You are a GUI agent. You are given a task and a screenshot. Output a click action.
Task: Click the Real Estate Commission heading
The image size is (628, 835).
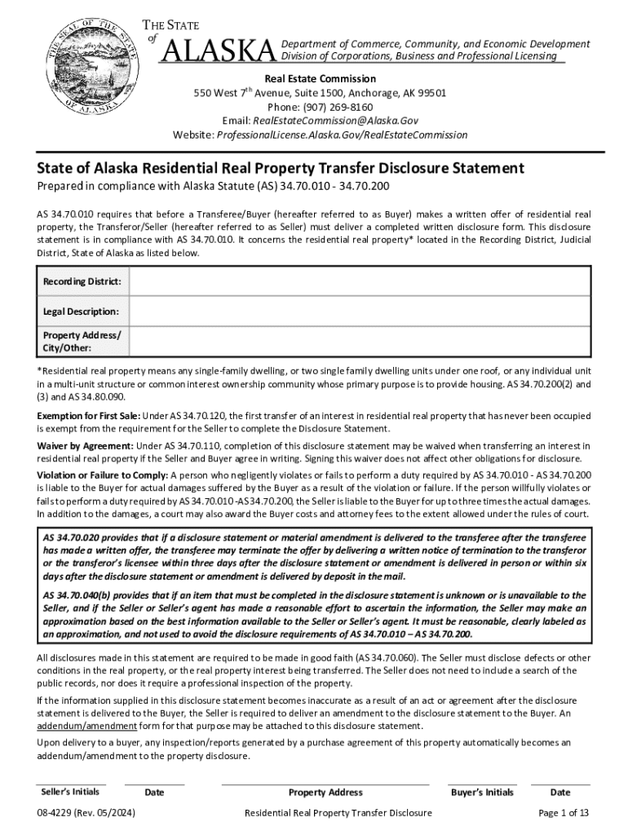(320, 79)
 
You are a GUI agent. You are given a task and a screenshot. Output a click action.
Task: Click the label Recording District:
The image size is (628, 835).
(82, 281)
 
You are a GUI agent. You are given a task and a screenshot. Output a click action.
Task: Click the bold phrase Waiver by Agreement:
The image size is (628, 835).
(85, 446)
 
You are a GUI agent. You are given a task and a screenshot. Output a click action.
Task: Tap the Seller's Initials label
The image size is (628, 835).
(70, 792)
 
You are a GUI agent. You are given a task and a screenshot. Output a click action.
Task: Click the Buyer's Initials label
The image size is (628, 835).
(482, 792)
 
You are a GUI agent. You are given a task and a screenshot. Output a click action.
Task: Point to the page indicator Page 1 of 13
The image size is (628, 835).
(564, 813)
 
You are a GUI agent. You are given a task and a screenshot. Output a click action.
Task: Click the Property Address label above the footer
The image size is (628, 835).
(325, 792)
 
